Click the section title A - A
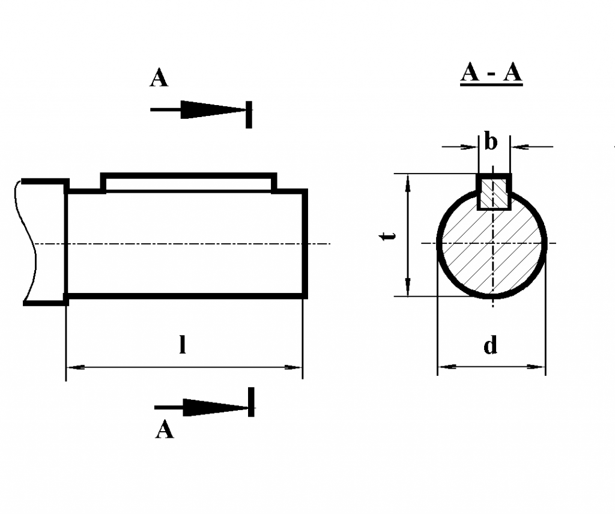[491, 74]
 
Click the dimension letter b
[491, 143]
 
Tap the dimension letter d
[491, 346]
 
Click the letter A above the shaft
[159, 78]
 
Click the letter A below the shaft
[164, 430]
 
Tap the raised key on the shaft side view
[189, 181]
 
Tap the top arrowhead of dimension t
[408, 181]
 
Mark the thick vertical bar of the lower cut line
[251, 402]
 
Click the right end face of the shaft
[305, 243]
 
